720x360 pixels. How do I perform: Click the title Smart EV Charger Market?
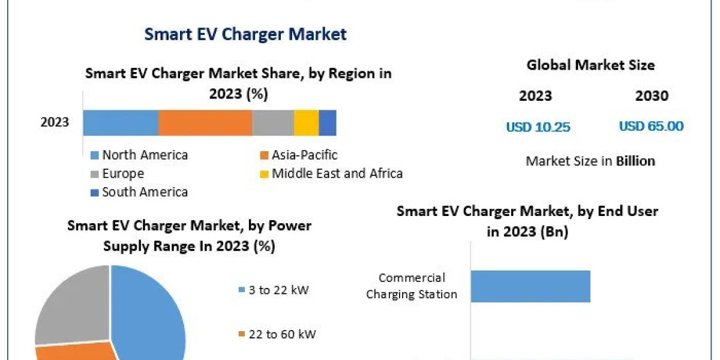click(245, 34)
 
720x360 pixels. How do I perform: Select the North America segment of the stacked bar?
click(121, 122)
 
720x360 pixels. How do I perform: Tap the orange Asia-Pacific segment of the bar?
click(205, 122)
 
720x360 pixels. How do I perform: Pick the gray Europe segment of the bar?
click(273, 122)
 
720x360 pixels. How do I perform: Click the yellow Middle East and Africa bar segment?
click(306, 122)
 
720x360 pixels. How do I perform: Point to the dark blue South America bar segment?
click(328, 122)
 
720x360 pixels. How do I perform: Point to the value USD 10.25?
click(538, 127)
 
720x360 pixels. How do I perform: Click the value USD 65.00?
click(651, 126)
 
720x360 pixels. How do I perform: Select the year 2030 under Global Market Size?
click(651, 95)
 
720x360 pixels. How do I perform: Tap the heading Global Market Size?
click(590, 65)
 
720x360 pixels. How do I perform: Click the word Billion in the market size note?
click(635, 161)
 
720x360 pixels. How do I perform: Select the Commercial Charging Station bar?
click(530, 286)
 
